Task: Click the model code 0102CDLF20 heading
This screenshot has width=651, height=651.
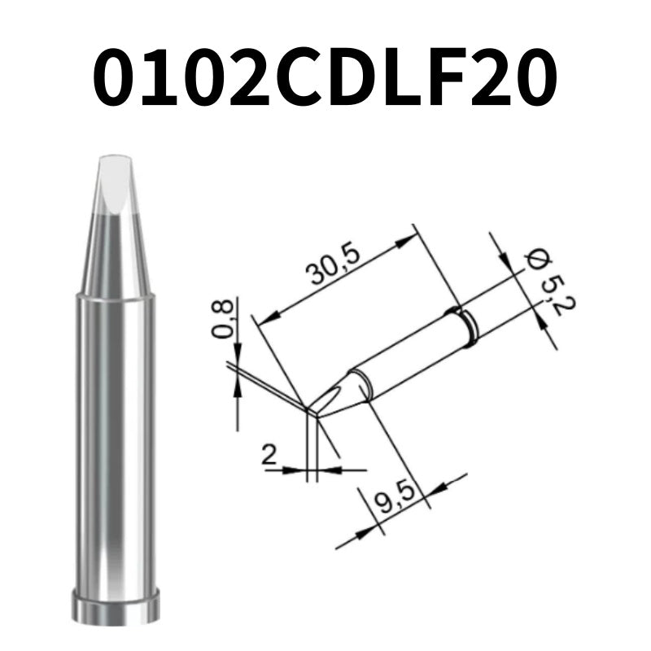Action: click(325, 77)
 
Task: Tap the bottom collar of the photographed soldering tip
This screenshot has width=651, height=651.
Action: click(115, 605)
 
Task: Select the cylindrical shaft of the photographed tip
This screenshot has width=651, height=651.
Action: click(115, 439)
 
